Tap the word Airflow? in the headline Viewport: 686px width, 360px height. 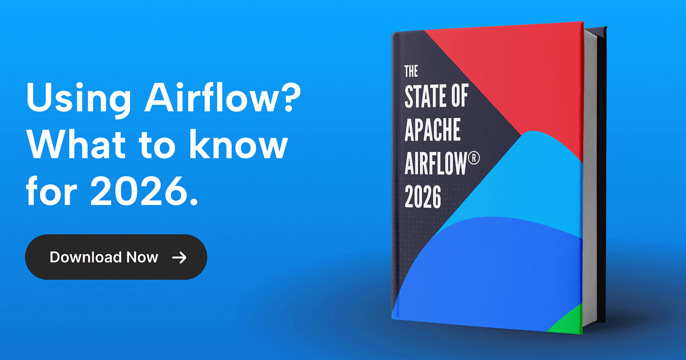[x=220, y=98]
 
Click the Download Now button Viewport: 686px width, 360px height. [x=116, y=257]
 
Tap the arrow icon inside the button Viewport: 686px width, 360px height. [x=179, y=257]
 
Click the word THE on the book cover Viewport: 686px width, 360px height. [x=411, y=71]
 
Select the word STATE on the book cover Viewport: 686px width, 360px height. [x=424, y=97]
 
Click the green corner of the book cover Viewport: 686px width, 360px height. [x=570, y=320]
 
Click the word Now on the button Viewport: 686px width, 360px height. [x=142, y=257]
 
